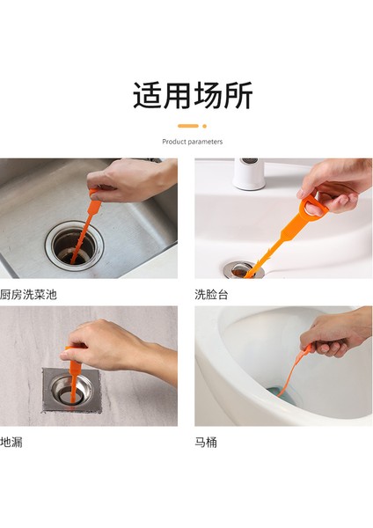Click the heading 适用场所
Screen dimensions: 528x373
(193, 95)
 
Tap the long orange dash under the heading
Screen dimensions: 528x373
(187, 126)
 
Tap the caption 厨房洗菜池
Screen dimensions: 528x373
(32, 294)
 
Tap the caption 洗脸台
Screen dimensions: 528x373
(211, 294)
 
